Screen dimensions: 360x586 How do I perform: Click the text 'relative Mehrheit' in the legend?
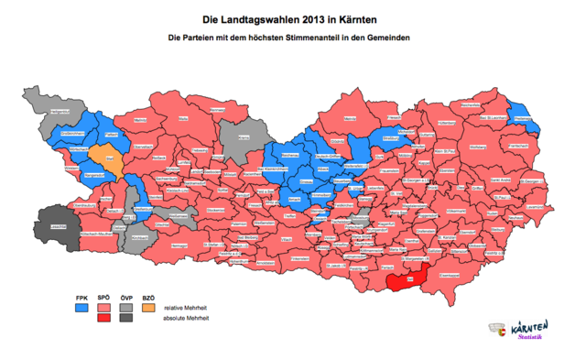point(193,307)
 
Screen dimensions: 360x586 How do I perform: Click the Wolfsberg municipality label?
point(478,147)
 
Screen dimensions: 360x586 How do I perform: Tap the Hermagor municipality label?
point(179,246)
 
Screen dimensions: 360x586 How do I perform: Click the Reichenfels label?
point(470,105)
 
